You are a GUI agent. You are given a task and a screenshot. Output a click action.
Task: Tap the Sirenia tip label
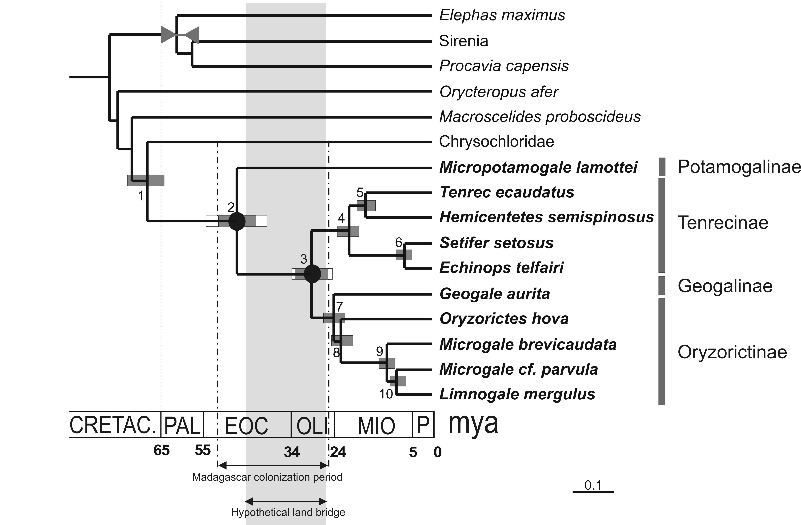click(x=463, y=41)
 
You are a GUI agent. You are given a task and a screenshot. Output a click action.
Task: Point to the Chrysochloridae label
click(x=496, y=141)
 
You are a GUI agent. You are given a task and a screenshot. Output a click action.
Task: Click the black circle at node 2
click(x=237, y=221)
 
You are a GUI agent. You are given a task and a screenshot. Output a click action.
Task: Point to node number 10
click(x=386, y=394)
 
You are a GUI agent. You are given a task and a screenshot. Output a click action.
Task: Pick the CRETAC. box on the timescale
click(x=115, y=424)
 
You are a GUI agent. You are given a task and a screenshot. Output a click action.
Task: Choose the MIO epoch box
click(x=373, y=424)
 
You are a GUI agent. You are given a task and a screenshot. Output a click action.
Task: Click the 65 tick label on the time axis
click(x=162, y=450)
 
